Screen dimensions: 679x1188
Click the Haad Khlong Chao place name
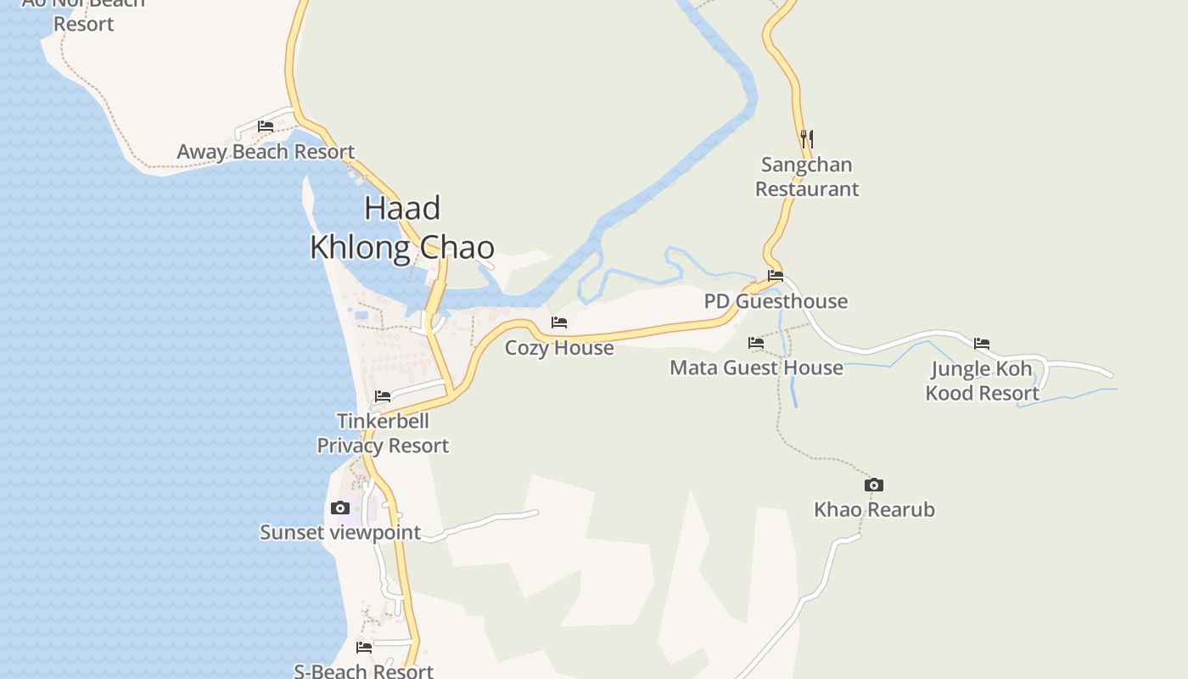pyautogui.click(x=402, y=227)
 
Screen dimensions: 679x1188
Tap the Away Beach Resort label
pyautogui.click(x=266, y=152)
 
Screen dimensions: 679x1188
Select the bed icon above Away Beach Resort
pyautogui.click(x=266, y=126)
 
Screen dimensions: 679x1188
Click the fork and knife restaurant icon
pyautogui.click(x=807, y=138)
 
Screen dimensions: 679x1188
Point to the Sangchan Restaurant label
pyautogui.click(x=807, y=177)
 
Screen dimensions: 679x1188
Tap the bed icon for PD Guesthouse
pyautogui.click(x=776, y=276)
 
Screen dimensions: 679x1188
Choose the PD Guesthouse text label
pyautogui.click(x=776, y=301)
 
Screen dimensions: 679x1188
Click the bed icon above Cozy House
pyautogui.click(x=559, y=323)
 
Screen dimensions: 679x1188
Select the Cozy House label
pyautogui.click(x=559, y=348)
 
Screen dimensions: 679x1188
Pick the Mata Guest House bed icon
pyautogui.click(x=756, y=343)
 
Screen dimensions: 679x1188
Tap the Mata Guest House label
pyautogui.click(x=756, y=368)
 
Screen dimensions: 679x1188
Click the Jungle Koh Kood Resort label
pyautogui.click(x=982, y=381)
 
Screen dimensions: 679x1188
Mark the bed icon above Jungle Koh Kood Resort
pyautogui.click(x=982, y=344)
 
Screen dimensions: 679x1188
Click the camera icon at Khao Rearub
pyautogui.click(x=874, y=485)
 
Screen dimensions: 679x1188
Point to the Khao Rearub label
pyautogui.click(x=874, y=509)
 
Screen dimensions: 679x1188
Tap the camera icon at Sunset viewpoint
pyautogui.click(x=340, y=508)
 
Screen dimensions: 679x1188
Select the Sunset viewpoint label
pyautogui.click(x=340, y=532)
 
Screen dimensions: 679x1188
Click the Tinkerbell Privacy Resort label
pyautogui.click(x=383, y=433)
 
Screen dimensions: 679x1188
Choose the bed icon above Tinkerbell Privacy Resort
pyautogui.click(x=383, y=396)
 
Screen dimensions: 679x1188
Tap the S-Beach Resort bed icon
pyautogui.click(x=364, y=648)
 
